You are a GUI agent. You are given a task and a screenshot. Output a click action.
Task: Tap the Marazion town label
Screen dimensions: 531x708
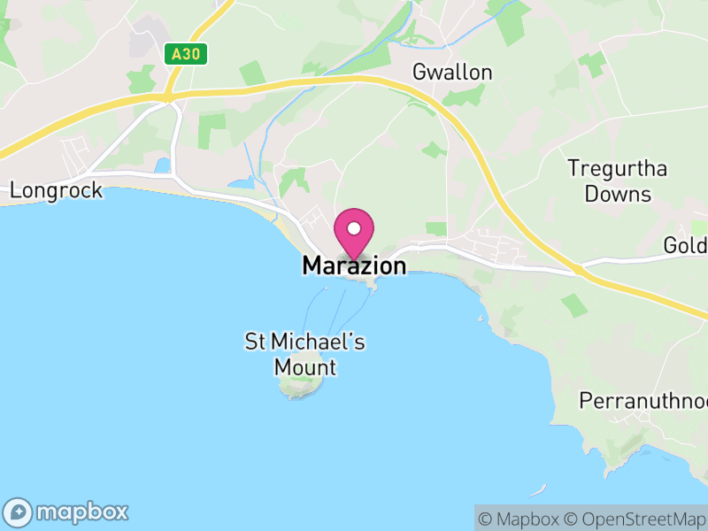pos(354,265)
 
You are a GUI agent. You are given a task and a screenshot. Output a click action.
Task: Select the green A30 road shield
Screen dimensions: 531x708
pos(187,54)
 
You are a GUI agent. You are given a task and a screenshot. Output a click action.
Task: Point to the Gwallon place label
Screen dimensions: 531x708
pos(452,73)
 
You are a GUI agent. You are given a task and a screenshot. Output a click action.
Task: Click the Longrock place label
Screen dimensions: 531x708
pos(56,190)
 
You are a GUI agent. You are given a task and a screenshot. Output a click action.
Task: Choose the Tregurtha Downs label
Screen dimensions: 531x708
pos(618,181)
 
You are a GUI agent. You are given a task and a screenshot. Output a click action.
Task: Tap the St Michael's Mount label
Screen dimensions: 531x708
pos(305,354)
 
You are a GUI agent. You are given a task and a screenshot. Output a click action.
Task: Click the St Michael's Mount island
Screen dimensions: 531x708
pos(298,386)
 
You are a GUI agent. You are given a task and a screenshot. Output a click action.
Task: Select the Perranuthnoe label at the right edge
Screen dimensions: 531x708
pos(643,401)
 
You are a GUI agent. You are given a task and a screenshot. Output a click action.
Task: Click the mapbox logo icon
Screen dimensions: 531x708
pos(19,512)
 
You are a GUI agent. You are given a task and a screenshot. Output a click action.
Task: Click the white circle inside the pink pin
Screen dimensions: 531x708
pos(354,228)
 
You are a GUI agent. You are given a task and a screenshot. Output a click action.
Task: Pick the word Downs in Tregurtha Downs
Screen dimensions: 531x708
pos(618,193)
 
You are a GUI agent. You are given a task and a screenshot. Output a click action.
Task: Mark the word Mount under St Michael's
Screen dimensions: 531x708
pos(305,366)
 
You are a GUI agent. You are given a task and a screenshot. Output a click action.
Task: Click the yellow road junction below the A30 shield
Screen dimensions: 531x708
pos(168,96)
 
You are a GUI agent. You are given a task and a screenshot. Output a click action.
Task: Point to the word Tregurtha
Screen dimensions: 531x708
pos(618,168)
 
